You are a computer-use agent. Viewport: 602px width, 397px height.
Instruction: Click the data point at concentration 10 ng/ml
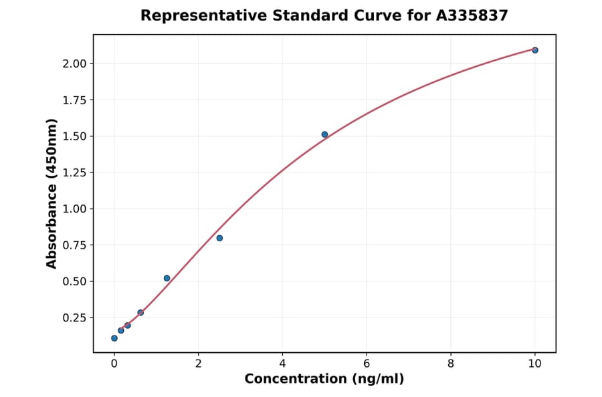coord(535,50)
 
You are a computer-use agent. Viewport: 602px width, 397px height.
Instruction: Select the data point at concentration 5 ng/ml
coord(324,134)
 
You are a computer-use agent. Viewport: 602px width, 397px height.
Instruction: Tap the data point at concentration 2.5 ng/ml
coord(219,238)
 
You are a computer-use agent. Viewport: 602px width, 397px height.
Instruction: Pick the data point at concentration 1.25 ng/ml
coord(167,278)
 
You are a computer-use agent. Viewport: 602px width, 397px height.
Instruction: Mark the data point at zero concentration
coord(114,338)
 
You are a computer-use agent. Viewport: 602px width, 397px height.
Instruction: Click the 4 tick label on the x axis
coord(282,364)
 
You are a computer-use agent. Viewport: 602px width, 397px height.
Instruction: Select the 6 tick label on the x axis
coord(367,364)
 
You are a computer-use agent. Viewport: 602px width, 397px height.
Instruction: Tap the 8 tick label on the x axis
coord(451,364)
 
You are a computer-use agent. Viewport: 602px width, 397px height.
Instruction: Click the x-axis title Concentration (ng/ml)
coord(324,379)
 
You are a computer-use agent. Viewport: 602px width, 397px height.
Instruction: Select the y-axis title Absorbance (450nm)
coord(52,193)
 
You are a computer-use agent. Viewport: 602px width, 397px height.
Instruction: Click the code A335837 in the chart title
coord(472,15)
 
